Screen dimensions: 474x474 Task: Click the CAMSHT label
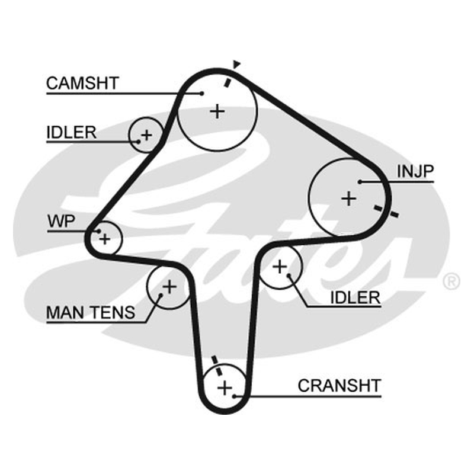click(82, 83)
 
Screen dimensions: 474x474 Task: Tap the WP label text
click(62, 221)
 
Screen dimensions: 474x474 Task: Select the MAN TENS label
click(91, 312)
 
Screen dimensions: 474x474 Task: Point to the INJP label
click(415, 171)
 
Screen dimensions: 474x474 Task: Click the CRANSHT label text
click(339, 386)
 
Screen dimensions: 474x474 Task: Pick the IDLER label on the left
click(71, 132)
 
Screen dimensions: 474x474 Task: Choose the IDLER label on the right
click(355, 297)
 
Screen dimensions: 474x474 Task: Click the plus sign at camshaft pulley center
click(217, 111)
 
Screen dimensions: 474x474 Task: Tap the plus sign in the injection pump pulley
click(349, 198)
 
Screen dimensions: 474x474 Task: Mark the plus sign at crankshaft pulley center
click(225, 387)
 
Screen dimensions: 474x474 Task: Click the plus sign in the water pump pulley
click(105, 239)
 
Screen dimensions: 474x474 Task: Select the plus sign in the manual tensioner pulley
click(169, 286)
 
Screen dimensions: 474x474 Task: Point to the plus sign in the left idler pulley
click(146, 135)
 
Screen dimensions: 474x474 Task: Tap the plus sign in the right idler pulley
click(280, 267)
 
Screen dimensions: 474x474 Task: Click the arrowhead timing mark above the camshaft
click(236, 64)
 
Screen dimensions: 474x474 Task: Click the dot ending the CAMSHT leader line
click(202, 94)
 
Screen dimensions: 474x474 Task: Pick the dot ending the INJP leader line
click(360, 182)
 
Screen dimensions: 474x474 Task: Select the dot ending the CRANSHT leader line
click(234, 396)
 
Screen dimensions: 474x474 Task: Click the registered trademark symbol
click(451, 281)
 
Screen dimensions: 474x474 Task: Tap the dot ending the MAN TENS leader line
click(161, 295)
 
